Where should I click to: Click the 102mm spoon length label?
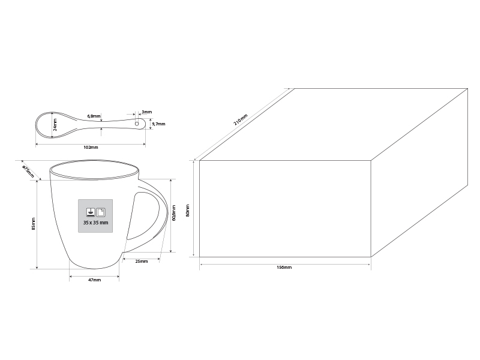91,148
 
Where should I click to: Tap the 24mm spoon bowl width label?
55,125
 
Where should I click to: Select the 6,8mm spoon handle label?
94,116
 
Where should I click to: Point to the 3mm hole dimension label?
146,112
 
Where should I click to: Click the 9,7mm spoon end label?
158,124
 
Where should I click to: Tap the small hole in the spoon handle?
137,124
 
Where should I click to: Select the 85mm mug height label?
34,224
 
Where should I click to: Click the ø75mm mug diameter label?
28,172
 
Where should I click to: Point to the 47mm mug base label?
95,280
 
